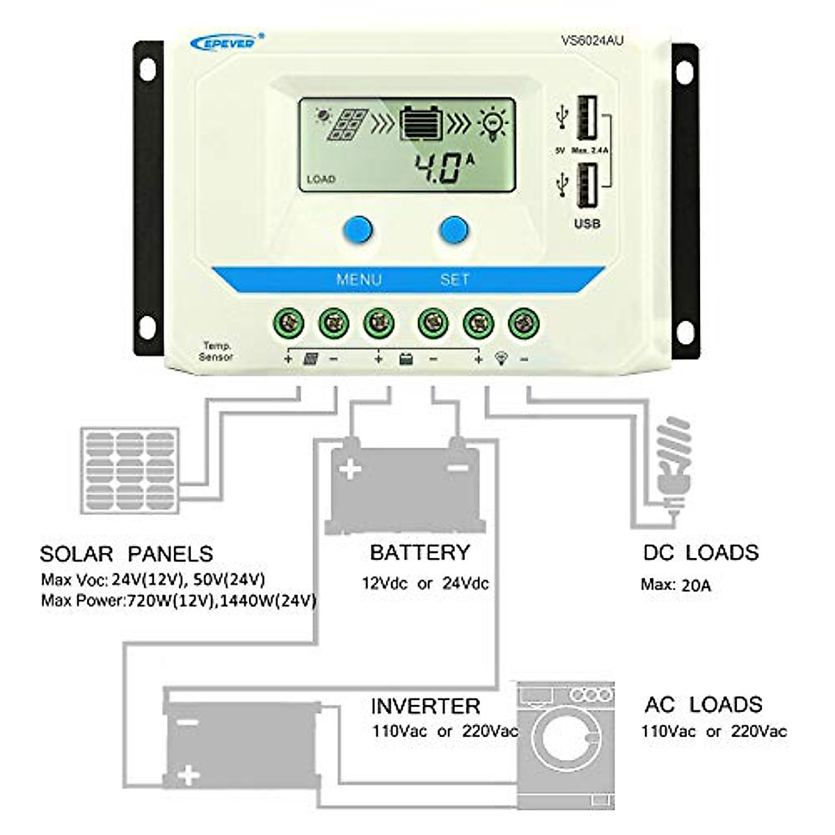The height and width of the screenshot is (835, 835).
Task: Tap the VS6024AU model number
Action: (x=592, y=41)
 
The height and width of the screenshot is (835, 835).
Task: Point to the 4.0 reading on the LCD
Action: (x=438, y=168)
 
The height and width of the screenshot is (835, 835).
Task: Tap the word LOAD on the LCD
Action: (x=321, y=180)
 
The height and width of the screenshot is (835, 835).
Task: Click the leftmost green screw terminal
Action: (x=288, y=323)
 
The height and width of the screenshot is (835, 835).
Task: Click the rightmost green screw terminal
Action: (x=524, y=323)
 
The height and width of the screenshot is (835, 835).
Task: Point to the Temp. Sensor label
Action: (x=216, y=351)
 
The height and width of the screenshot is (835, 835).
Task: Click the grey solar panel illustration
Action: (x=130, y=470)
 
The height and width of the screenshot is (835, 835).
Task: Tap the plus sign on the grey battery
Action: (x=349, y=469)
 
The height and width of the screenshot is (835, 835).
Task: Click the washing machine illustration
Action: (x=565, y=744)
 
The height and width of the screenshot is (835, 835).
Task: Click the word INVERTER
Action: (x=425, y=706)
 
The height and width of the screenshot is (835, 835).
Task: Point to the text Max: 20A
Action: (x=676, y=584)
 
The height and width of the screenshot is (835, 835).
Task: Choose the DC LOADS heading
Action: (x=700, y=552)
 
